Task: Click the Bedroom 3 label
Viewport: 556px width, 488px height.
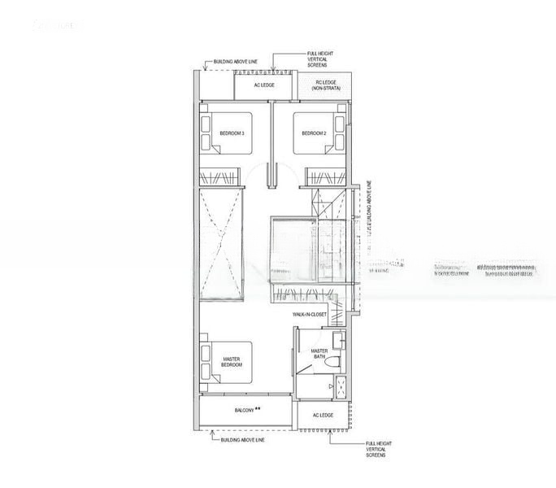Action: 232,133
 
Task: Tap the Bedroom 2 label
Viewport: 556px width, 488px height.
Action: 314,133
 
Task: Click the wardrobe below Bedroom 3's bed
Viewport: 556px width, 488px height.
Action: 220,176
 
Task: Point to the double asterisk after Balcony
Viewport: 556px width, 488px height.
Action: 258,408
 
